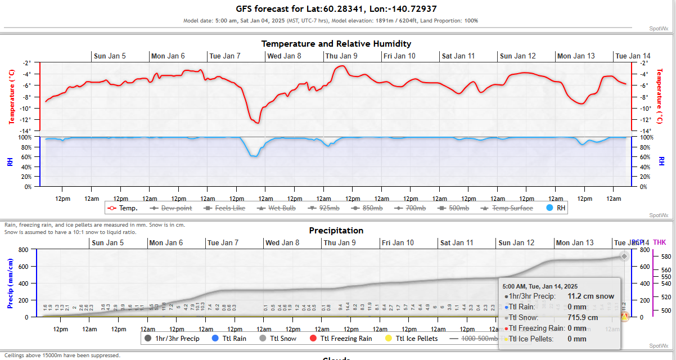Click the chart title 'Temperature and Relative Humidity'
[x=336, y=44]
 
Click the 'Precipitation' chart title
[x=336, y=231]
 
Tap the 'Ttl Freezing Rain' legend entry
[x=341, y=339]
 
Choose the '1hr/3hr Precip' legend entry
[x=172, y=339]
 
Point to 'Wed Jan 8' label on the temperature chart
[x=283, y=56]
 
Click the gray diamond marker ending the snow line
[x=624, y=256]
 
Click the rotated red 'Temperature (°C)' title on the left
[x=11, y=97]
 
